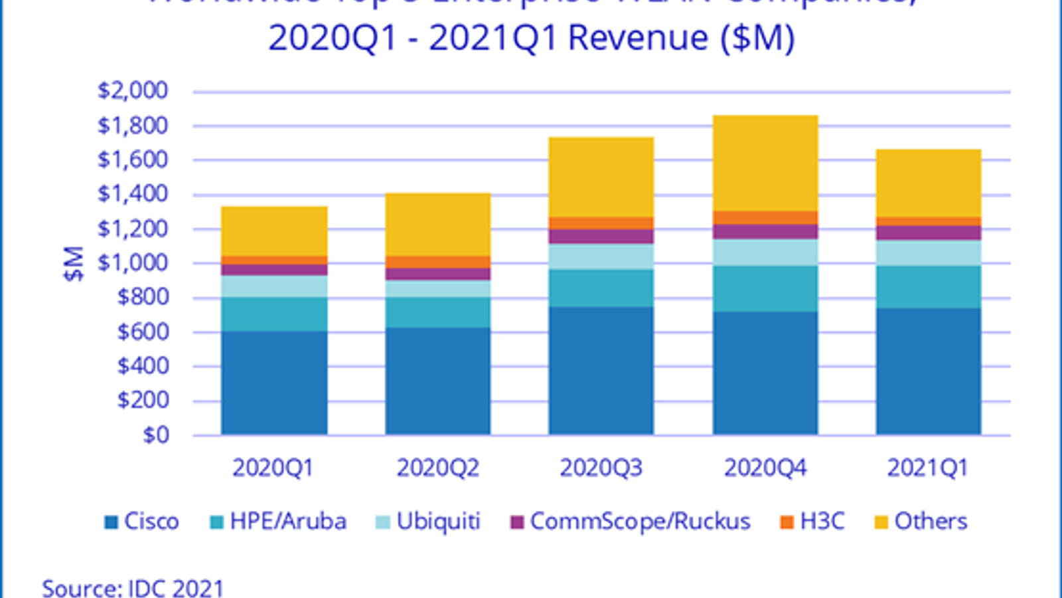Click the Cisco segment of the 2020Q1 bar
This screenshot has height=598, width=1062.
(274, 383)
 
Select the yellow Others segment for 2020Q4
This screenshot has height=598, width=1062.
(765, 163)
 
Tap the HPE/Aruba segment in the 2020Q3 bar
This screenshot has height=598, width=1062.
(601, 288)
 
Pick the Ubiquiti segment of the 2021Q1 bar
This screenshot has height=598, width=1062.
(929, 253)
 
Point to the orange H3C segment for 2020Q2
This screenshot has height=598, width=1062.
(438, 262)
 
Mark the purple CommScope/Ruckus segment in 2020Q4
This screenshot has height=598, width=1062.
(765, 232)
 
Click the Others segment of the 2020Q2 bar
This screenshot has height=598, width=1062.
(438, 225)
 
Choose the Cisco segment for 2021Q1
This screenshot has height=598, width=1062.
(929, 371)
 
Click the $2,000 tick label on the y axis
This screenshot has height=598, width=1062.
(133, 90)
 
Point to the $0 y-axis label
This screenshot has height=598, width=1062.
(156, 435)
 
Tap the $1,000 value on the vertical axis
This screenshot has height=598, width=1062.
(133, 263)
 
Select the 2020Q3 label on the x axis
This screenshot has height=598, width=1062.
(601, 468)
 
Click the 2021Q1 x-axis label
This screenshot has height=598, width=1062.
(928, 468)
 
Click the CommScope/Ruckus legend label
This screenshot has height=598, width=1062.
(640, 522)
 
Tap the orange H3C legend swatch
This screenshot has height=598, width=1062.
(787, 522)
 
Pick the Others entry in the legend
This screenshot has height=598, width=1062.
(931, 522)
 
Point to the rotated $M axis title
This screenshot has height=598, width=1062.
(74, 264)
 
